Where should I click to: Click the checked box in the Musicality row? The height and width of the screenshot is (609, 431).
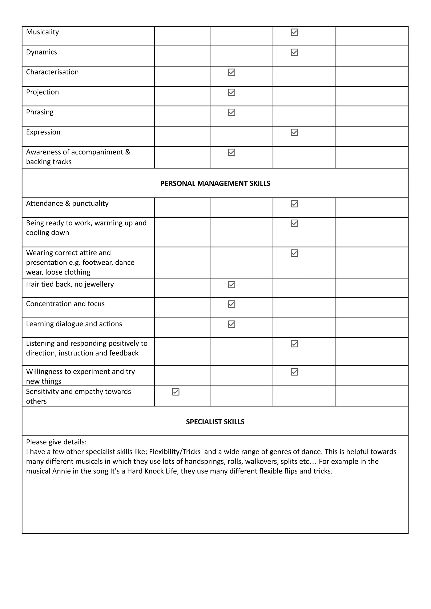pyautogui.click(x=294, y=32)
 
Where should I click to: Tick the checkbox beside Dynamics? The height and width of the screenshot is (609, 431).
pyautogui.click(x=294, y=52)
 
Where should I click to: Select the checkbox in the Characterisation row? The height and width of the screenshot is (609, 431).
pyautogui.click(x=231, y=72)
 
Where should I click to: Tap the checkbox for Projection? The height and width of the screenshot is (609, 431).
pyautogui.click(x=231, y=92)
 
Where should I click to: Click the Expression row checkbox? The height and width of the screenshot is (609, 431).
pyautogui.click(x=294, y=132)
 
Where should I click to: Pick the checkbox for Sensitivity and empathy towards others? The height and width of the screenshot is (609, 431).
pyautogui.click(x=176, y=392)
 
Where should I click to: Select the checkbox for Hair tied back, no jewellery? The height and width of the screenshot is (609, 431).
pyautogui.click(x=231, y=285)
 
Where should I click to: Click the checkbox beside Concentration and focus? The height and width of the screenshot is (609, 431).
pyautogui.click(x=231, y=304)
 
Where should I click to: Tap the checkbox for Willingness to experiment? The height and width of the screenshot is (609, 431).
pyautogui.click(x=294, y=372)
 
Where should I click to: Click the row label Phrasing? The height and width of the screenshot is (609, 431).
pyautogui.click(x=40, y=112)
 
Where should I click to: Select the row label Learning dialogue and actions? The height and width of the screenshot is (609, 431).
pyautogui.click(x=74, y=324)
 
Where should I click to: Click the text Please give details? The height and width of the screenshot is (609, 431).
pyautogui.click(x=56, y=442)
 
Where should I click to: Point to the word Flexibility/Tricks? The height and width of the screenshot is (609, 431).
pyautogui.click(x=175, y=452)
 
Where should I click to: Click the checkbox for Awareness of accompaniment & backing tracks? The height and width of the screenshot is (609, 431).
pyautogui.click(x=231, y=152)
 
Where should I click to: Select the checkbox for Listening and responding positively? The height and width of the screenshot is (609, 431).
pyautogui.click(x=294, y=344)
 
